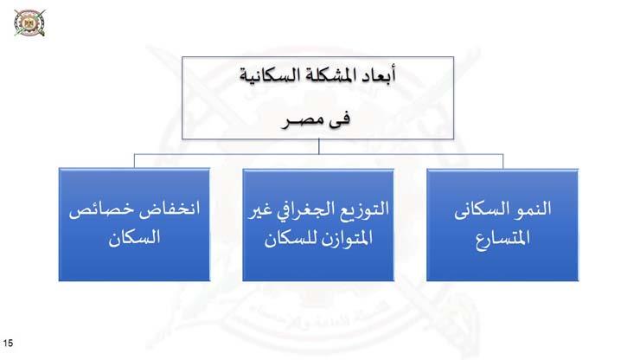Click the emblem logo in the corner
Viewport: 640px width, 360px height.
pyautogui.click(x=27, y=22)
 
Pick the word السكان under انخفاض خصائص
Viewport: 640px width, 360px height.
pyautogui.click(x=134, y=238)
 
